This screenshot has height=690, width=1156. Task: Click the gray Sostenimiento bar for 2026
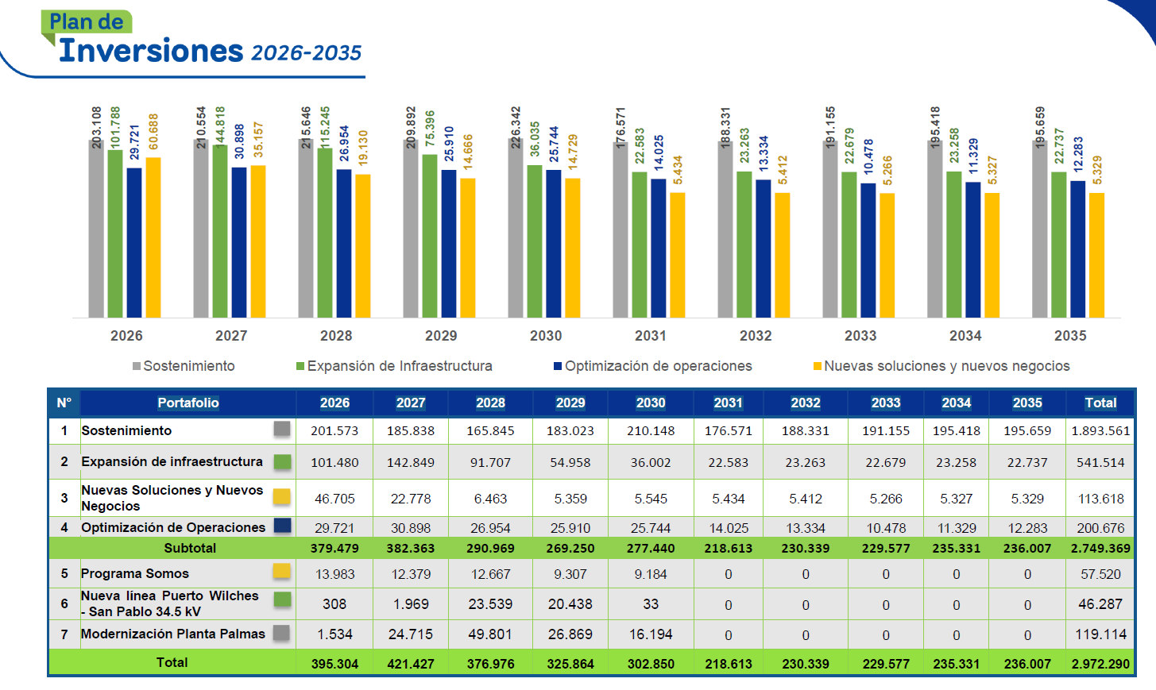pos(96,230)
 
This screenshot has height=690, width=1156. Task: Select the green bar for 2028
pos(325,233)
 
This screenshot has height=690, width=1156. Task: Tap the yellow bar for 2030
pos(573,249)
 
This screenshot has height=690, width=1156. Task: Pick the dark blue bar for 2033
pos(868,251)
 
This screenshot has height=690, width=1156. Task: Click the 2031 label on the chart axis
pos(651,336)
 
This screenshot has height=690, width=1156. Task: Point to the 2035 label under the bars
pos(1070,336)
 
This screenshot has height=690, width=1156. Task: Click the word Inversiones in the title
pos(151,51)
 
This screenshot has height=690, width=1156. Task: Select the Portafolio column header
pos(188,403)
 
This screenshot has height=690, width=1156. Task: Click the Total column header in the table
pos(1100,403)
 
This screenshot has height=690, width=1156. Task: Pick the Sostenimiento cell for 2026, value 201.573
pos(334,430)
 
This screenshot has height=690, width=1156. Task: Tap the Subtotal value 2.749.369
pos(1100,548)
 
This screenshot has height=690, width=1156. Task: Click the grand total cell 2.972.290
pos(1100,664)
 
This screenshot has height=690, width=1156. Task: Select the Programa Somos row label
pos(135,573)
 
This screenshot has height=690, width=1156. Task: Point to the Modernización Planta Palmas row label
pos(173,634)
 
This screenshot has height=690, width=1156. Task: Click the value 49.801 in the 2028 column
pos(490,634)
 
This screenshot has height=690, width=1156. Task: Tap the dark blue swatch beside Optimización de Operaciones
pos(282,526)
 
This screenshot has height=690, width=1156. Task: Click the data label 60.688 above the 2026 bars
pos(153,131)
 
